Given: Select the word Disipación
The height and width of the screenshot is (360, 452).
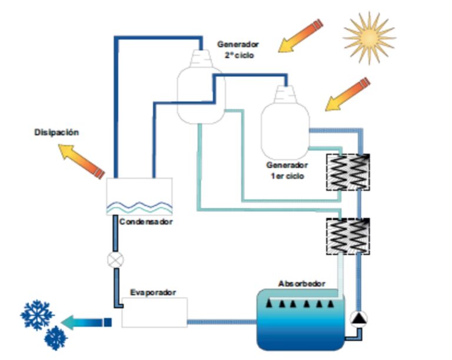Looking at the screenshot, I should (56, 133).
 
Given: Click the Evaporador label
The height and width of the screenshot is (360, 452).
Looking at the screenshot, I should (152, 292).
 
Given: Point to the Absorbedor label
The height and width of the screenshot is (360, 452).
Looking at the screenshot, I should (301, 283).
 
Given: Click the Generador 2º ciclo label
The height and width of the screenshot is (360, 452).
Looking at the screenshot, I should (237, 49).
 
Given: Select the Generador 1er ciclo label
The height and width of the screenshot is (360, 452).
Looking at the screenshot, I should (287, 171).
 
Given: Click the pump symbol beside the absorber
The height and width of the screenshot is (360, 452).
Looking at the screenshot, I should (358, 319).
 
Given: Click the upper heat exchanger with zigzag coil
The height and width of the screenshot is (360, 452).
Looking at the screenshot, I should (348, 172).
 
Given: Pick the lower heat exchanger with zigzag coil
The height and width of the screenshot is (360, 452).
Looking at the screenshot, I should (348, 236).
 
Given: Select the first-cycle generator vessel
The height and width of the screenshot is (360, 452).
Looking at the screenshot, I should (285, 123).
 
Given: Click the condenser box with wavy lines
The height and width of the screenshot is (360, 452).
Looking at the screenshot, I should (139, 196).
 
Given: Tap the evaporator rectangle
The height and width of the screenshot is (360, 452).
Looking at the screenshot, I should (154, 312).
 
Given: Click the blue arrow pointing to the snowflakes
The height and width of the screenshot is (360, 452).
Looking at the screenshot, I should (85, 321).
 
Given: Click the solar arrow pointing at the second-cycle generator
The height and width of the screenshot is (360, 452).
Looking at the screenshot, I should (300, 36).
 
